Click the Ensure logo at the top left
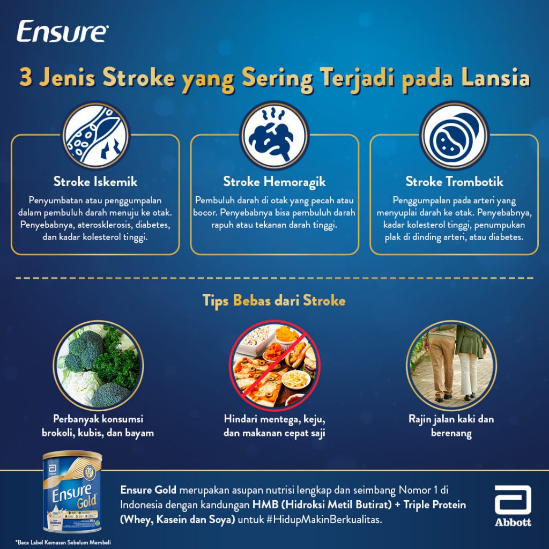[62, 32]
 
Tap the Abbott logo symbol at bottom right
[513, 500]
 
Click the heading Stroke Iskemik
[95, 182]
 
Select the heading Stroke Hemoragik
[274, 182]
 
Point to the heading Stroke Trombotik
[454, 182]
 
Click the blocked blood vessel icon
[95, 135]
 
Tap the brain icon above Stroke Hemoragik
[274, 135]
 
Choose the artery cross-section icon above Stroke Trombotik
[454, 135]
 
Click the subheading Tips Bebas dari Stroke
[274, 301]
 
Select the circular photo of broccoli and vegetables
[99, 366]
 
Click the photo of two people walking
[451, 366]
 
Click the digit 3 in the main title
[25, 77]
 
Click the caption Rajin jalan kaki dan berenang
[451, 426]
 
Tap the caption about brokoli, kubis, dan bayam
[98, 426]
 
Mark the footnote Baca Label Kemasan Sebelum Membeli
[63, 543]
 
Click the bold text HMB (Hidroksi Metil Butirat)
[322, 505]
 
